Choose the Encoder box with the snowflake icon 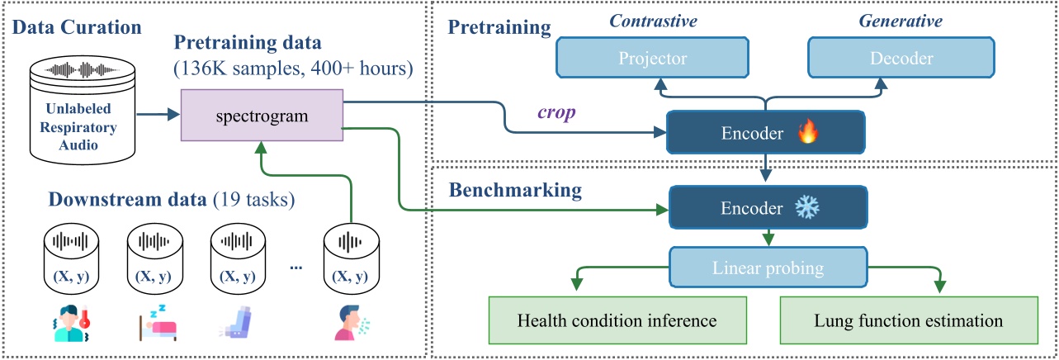[x=765, y=209]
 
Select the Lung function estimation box [x=909, y=320]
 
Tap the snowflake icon [x=803, y=209]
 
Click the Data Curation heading [x=78, y=26]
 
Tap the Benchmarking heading [x=515, y=191]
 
